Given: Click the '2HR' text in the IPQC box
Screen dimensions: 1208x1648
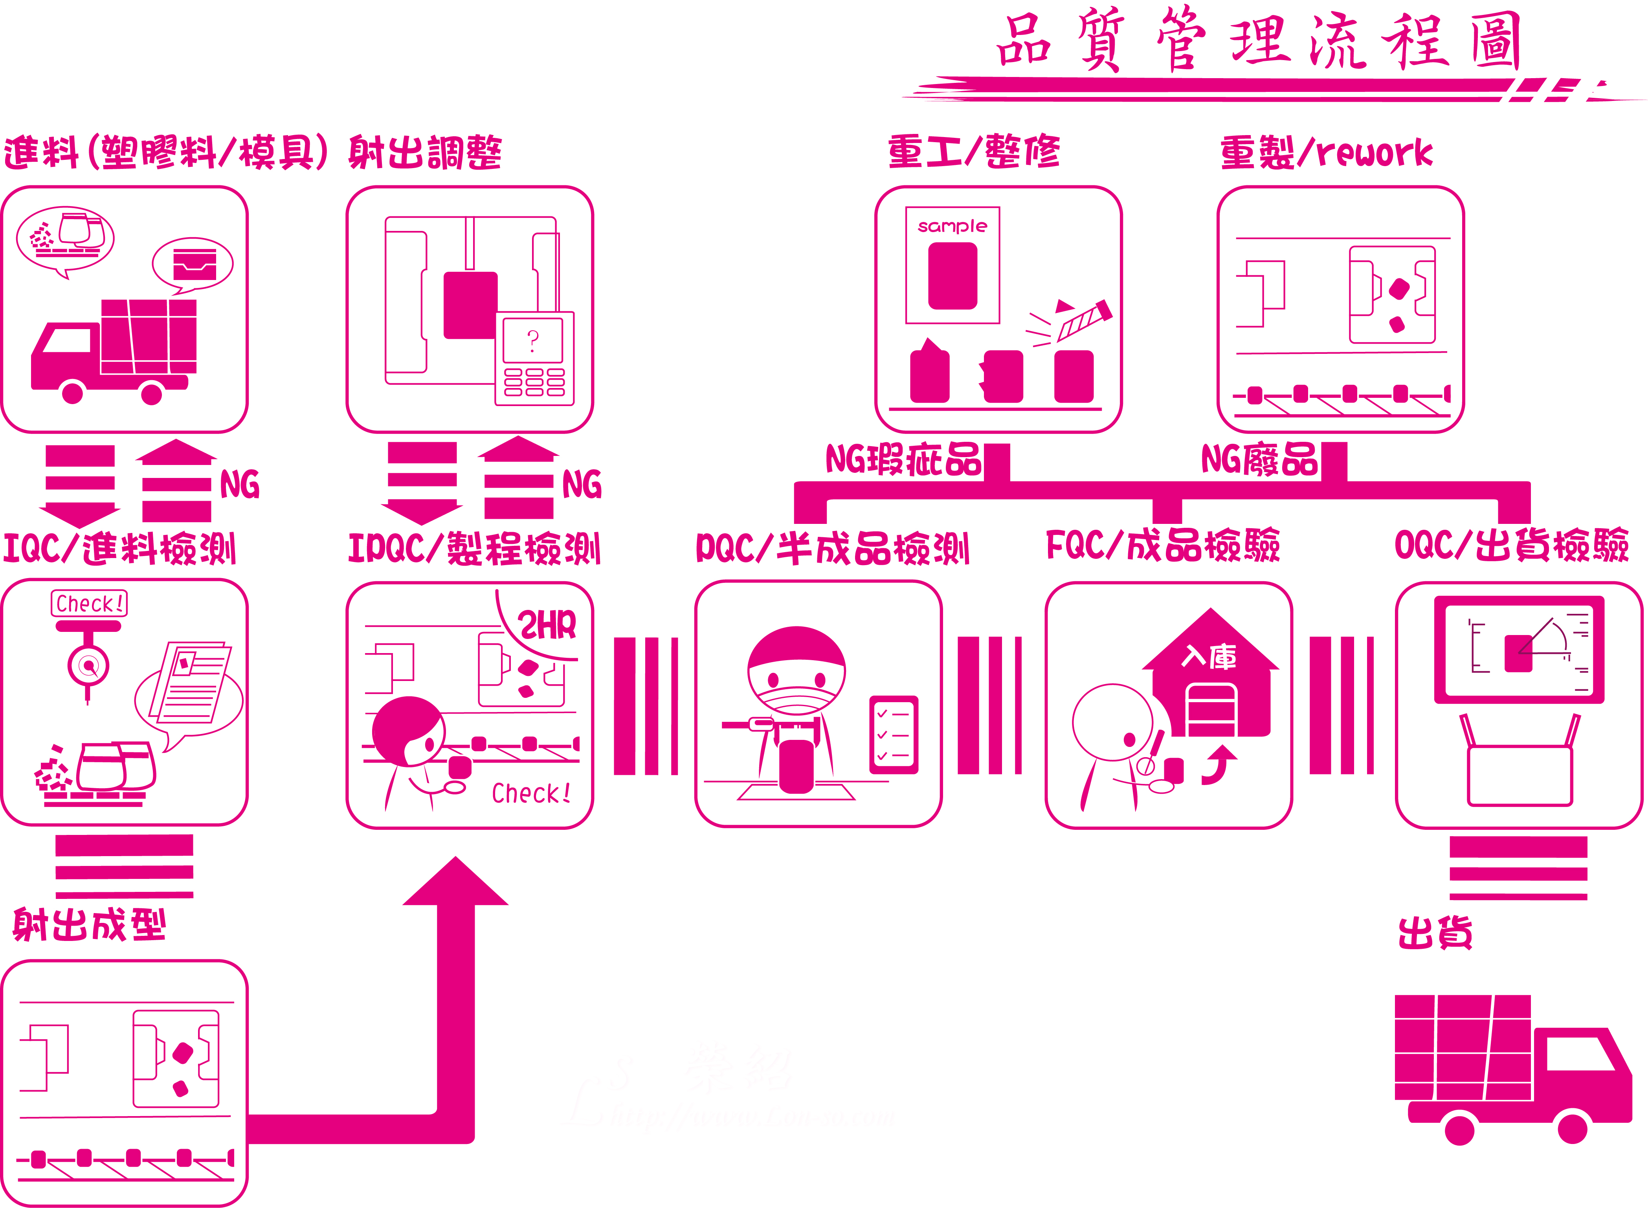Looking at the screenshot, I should pyautogui.click(x=547, y=625).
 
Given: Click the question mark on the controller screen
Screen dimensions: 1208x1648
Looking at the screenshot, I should pyautogui.click(x=532, y=340).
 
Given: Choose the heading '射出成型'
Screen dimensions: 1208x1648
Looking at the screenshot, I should pyautogui.click(x=89, y=925).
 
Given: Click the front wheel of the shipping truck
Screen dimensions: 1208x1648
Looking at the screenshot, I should pyautogui.click(x=1572, y=1128).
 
